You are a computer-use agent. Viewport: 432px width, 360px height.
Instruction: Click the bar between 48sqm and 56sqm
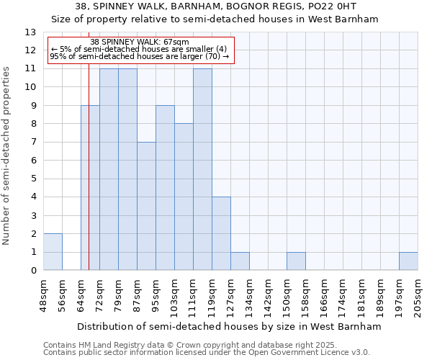coord(53,252)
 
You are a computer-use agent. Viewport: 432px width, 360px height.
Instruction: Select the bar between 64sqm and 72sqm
coord(90,188)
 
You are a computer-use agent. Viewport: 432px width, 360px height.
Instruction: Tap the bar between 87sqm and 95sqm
coord(146,206)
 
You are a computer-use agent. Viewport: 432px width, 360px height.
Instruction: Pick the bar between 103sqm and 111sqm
coord(184,197)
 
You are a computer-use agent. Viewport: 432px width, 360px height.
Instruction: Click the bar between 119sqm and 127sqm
coord(221,233)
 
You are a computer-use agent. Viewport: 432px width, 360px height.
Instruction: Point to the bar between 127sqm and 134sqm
coord(240,261)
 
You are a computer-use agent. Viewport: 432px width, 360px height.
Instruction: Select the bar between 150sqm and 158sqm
coord(296,261)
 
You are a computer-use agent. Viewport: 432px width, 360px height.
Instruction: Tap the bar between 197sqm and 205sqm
coord(408,261)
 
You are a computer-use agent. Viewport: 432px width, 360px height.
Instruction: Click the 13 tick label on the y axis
coord(30,32)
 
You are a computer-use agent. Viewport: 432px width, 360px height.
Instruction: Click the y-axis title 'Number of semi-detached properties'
coord(7,155)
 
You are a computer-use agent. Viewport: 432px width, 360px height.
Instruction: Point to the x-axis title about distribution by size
coord(229,326)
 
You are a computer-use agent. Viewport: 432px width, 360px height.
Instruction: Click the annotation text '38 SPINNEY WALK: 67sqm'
coord(140,42)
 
